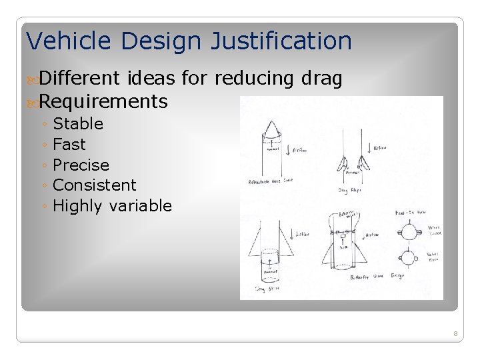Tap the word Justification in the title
tap(281, 41)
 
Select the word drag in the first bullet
tap(322, 79)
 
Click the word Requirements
tap(103, 102)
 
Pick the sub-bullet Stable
tap(78, 124)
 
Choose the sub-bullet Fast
tap(69, 145)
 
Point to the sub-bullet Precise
tap(81, 165)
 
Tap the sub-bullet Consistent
tap(94, 185)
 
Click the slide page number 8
tap(455, 333)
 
